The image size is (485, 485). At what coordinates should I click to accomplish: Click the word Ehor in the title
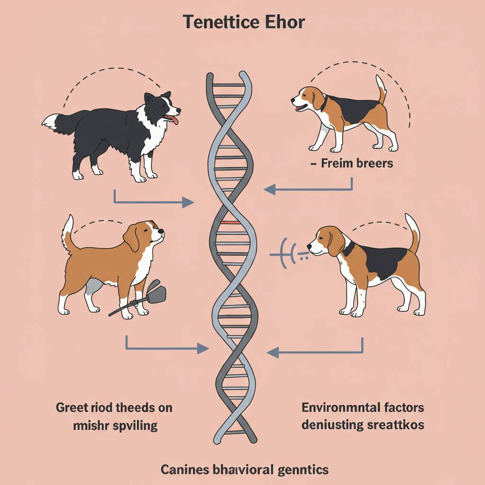(285, 22)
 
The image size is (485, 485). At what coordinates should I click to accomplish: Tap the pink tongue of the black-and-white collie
(172, 119)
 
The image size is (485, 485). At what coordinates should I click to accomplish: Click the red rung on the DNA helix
(231, 223)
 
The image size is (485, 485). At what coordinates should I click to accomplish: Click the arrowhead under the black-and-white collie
(188, 202)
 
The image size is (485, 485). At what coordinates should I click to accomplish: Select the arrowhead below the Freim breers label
(269, 189)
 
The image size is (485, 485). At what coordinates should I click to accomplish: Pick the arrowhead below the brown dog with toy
(203, 349)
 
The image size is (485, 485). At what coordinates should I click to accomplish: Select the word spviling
(135, 426)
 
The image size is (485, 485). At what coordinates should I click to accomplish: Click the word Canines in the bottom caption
(185, 470)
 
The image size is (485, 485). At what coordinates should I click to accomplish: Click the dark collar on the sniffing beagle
(348, 248)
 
